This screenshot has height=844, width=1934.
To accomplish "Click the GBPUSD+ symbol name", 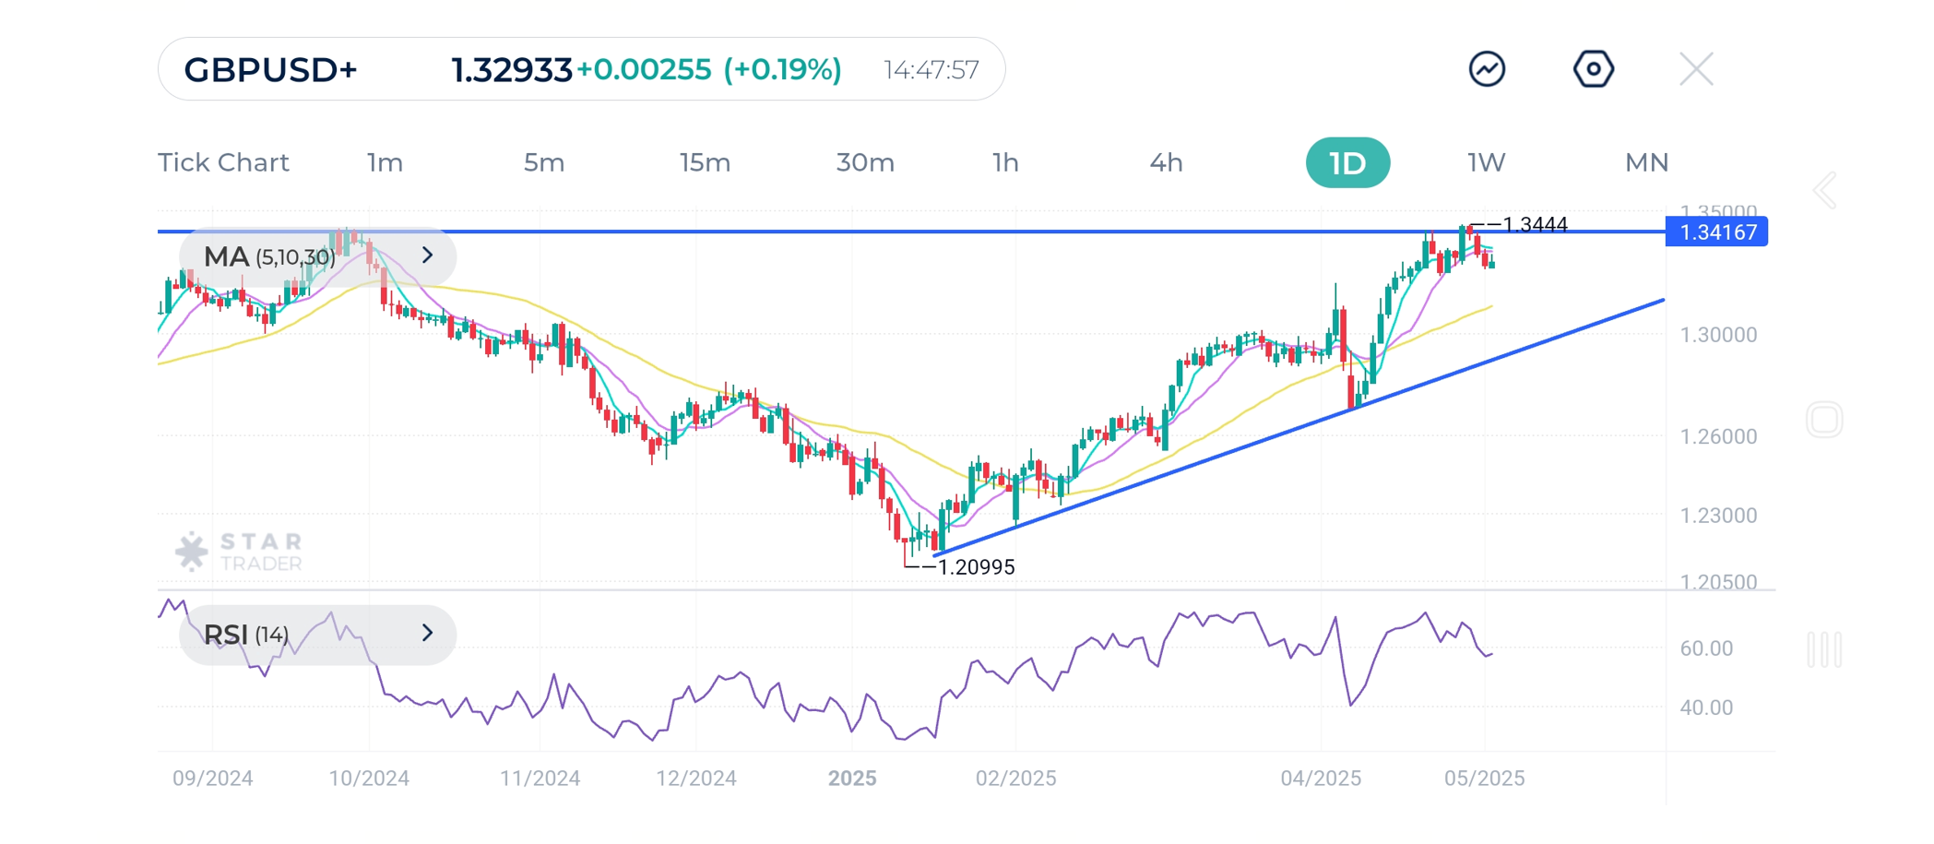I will [x=270, y=70].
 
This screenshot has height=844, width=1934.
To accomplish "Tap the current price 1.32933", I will [x=511, y=70].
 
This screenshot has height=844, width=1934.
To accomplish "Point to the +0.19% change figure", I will [x=782, y=70].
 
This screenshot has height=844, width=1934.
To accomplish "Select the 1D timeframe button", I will [x=1347, y=163].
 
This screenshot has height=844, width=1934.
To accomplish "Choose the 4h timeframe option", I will [x=1166, y=163].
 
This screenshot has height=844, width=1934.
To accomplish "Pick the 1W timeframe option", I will [x=1486, y=163].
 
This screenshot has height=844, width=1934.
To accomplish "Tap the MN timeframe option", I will [x=1646, y=163].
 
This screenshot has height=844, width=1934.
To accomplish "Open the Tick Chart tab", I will [x=223, y=163].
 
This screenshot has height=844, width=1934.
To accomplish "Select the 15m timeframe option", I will [x=705, y=163].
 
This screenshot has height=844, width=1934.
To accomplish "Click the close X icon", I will [x=1696, y=69].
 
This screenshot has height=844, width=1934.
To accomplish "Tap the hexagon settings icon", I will [x=1593, y=69].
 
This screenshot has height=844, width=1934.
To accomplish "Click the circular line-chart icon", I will [x=1487, y=69].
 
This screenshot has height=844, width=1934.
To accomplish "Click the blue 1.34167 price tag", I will [x=1716, y=232].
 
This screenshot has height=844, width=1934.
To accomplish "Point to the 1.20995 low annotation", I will [x=975, y=567].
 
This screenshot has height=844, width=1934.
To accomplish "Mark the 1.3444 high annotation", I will [x=1534, y=224].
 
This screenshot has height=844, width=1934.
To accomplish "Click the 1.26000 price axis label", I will [x=1718, y=436].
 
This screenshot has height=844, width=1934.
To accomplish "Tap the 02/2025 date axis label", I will [x=1015, y=779].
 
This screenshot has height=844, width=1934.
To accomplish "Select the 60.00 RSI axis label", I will [x=1706, y=648].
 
